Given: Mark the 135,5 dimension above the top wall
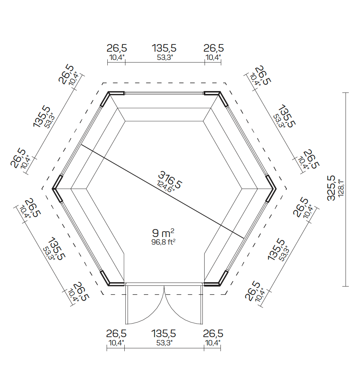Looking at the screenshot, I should [164, 48].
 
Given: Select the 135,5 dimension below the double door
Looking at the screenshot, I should [164, 333].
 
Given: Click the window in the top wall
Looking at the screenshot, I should [164, 93].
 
